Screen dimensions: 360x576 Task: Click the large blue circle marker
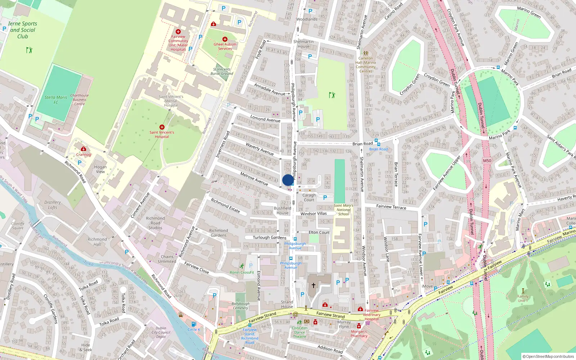288,180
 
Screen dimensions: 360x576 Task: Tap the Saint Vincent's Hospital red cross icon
162,127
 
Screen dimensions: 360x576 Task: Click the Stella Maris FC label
56,100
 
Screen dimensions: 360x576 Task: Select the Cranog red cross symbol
84,149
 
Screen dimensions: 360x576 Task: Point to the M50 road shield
487,161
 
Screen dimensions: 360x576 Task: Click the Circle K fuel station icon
194,324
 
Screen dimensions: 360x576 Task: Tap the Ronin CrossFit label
242,273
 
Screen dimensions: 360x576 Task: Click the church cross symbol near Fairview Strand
313,285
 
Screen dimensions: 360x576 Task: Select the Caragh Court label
309,197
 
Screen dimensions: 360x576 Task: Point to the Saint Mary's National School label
343,210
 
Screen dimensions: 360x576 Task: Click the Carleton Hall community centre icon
366,53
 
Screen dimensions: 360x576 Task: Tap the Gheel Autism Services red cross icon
225,39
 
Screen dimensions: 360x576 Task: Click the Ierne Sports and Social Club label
22,30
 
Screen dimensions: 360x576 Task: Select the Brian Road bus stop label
378,149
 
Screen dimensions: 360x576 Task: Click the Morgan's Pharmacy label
359,334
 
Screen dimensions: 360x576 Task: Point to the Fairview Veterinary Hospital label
372,315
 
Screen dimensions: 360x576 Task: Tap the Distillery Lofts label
53,205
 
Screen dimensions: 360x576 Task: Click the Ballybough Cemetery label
240,306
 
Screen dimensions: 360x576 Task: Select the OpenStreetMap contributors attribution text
548,356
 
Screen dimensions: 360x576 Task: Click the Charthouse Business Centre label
80,100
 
